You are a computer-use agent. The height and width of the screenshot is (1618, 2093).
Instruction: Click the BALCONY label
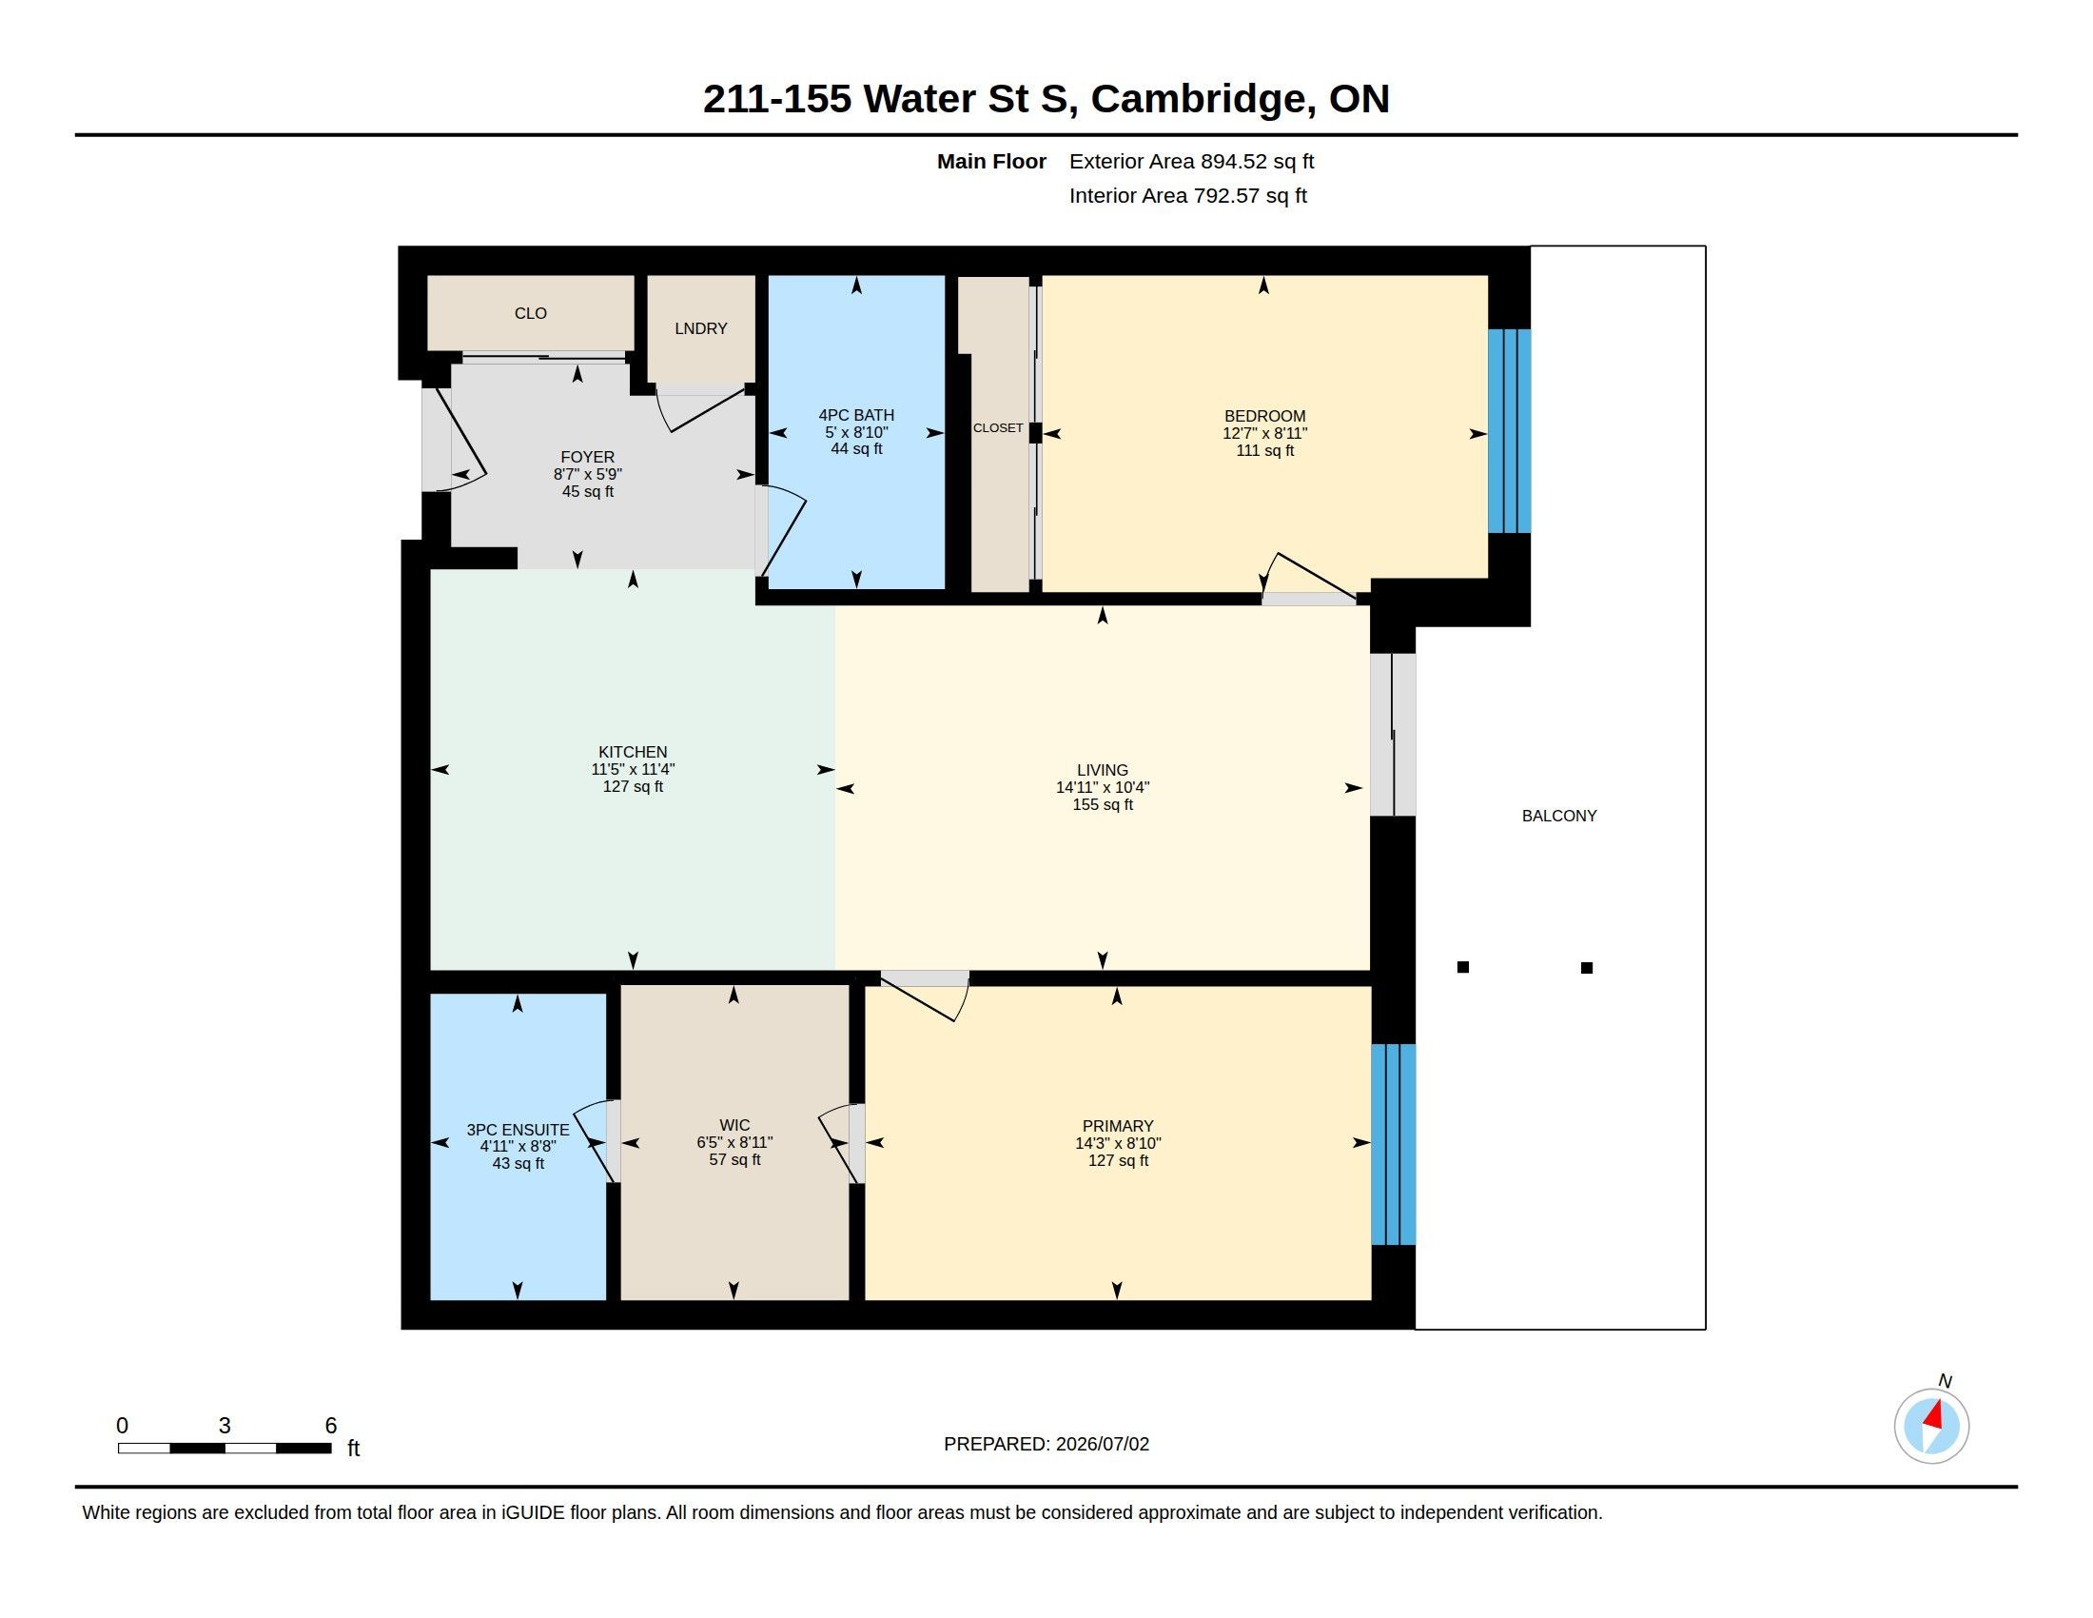(1558, 816)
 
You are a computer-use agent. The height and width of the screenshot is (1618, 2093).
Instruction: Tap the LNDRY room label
(700, 328)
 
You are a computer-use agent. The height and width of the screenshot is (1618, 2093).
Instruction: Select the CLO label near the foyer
(530, 313)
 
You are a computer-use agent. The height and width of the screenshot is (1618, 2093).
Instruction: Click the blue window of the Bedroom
(1509, 431)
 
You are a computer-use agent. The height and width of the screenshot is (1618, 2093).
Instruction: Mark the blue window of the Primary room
(1394, 1143)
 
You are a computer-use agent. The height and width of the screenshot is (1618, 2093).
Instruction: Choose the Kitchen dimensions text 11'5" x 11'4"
(633, 770)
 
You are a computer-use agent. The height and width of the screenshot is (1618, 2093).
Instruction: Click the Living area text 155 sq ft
(1102, 805)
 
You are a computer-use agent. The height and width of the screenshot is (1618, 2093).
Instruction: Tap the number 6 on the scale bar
(331, 1426)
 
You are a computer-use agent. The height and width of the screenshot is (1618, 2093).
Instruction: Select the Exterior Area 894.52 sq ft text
(1191, 161)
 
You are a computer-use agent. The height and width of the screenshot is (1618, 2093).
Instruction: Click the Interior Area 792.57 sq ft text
(1187, 195)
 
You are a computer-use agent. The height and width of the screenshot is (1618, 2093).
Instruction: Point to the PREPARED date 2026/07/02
(1102, 1444)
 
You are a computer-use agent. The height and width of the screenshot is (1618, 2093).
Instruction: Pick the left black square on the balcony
(1462, 967)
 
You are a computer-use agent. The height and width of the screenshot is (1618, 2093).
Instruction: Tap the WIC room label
(734, 1125)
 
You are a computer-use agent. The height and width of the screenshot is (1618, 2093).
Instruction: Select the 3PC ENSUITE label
(518, 1130)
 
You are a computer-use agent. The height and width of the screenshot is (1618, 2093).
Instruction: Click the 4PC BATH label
(856, 415)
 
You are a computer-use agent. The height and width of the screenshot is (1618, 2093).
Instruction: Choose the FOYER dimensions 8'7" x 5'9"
(587, 475)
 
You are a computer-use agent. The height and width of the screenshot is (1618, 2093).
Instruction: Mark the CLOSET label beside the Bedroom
(998, 428)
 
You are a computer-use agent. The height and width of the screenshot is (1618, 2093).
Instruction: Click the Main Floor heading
(991, 161)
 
